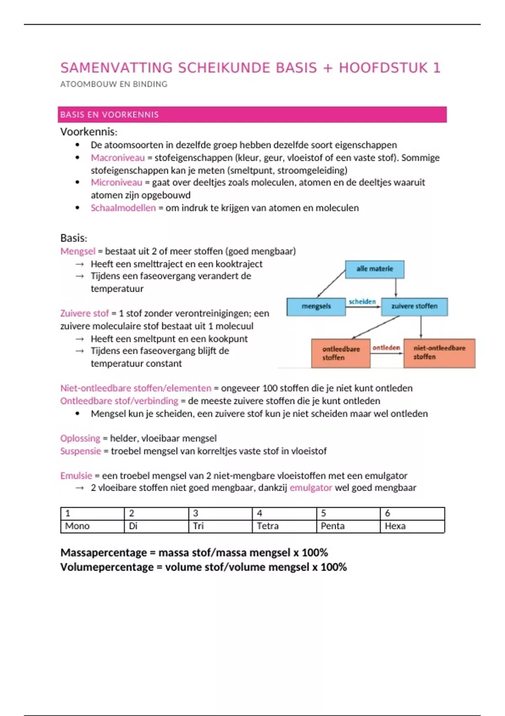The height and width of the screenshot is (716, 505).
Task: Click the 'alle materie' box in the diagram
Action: (x=375, y=269)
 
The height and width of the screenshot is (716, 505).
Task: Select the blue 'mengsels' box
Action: (x=316, y=307)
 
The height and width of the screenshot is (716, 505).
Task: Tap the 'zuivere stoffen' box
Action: (x=414, y=307)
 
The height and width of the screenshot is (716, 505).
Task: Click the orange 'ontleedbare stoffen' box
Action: (x=341, y=353)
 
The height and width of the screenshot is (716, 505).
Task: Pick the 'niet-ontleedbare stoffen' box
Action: (x=439, y=353)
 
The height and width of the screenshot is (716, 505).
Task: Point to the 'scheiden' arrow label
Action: (x=362, y=302)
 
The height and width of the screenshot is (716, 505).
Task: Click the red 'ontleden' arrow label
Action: (x=386, y=347)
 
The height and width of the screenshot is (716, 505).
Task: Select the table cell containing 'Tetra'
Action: (x=284, y=526)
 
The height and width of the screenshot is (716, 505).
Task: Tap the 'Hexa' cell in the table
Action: (x=412, y=526)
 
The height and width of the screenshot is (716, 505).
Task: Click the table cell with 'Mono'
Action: (x=92, y=526)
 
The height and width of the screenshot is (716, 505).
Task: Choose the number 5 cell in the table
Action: (x=348, y=513)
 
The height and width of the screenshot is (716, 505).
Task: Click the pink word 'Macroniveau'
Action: (x=117, y=158)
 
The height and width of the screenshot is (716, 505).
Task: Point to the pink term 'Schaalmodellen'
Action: (x=123, y=208)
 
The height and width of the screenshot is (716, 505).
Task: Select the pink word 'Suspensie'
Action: (x=80, y=451)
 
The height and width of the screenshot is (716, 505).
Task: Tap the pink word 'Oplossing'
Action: (x=80, y=438)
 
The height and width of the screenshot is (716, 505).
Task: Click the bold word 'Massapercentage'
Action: (x=104, y=553)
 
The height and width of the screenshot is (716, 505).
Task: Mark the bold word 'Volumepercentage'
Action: (x=107, y=567)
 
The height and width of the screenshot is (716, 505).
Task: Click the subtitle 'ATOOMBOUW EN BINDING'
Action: (x=114, y=84)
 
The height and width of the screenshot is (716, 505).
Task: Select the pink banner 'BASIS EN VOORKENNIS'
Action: (x=252, y=115)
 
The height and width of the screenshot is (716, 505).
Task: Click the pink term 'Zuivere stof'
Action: (x=84, y=313)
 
